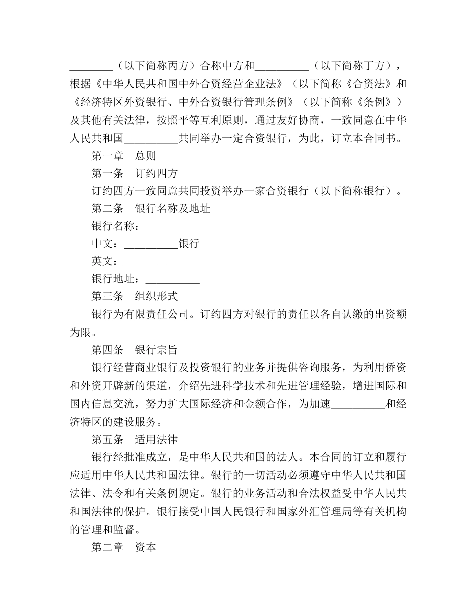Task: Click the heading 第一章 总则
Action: click(x=123, y=156)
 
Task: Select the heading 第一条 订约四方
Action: click(x=134, y=173)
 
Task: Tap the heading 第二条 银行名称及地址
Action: click(x=150, y=208)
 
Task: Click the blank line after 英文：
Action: click(x=151, y=262)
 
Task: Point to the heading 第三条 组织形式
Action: click(x=134, y=296)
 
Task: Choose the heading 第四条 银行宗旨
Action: click(x=134, y=350)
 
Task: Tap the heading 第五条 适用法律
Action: click(x=134, y=440)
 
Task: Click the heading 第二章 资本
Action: click(x=123, y=547)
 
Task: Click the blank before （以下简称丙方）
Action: click(x=91, y=66)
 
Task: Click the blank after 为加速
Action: click(x=358, y=405)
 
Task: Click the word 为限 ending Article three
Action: click(x=80, y=332)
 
